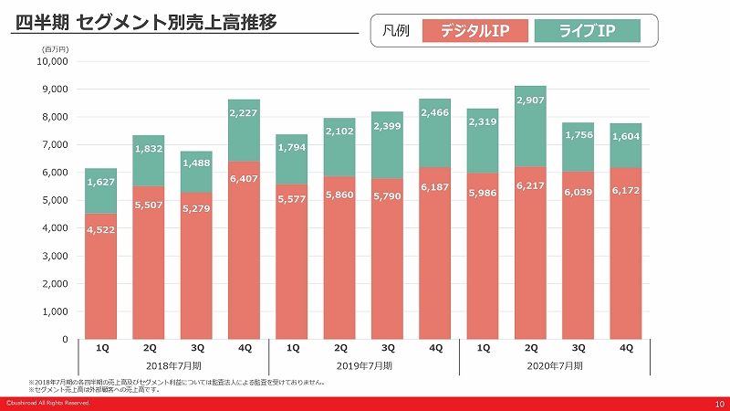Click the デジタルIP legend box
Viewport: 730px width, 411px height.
coord(474,31)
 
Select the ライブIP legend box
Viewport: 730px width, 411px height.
coord(587,31)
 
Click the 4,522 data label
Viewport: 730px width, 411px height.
coord(101,229)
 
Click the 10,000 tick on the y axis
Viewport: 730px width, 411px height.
coord(52,62)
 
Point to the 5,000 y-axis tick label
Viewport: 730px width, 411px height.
coord(55,201)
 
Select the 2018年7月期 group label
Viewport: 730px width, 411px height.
coord(172,365)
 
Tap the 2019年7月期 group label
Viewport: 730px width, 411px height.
coord(363,365)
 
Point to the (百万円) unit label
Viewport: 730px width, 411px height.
coord(57,49)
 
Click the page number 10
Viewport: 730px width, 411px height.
coord(718,403)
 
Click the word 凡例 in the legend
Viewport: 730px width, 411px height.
coord(397,31)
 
